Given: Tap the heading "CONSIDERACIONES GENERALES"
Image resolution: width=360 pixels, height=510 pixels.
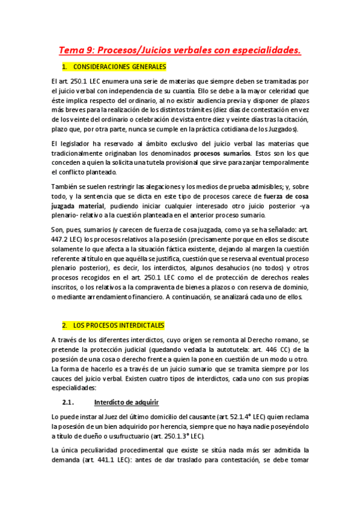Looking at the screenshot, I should tap(118, 66).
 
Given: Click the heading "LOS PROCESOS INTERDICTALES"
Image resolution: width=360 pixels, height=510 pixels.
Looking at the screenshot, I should tap(118, 325).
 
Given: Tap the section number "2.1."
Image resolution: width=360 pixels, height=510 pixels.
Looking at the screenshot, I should tap(67, 385).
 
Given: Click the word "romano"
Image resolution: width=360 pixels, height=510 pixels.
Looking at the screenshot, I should tap(270, 340).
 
